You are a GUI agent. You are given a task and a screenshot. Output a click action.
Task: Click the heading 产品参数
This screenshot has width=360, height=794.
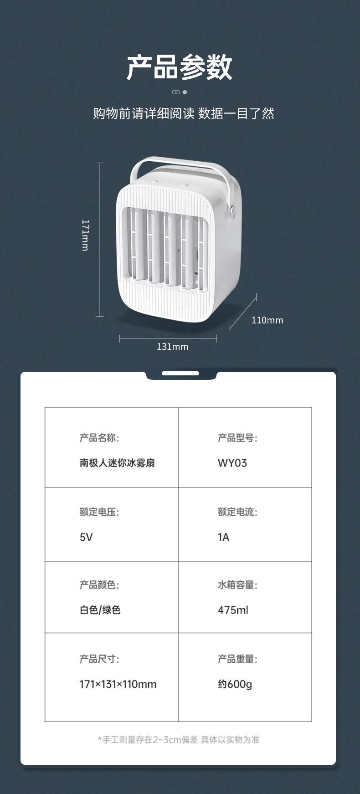(x=180, y=67)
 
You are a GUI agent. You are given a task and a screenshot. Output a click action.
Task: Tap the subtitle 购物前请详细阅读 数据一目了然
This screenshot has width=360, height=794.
(x=183, y=113)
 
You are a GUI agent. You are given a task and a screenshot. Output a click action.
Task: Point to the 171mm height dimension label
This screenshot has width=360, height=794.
(x=85, y=235)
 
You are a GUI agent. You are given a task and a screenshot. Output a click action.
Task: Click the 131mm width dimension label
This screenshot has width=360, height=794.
(x=172, y=347)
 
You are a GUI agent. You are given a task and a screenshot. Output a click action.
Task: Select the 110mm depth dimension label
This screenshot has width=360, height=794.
(x=267, y=320)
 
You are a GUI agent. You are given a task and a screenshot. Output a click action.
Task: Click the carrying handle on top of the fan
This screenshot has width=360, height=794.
(x=182, y=163)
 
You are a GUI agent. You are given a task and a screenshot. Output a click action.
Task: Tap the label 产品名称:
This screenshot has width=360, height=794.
(x=99, y=438)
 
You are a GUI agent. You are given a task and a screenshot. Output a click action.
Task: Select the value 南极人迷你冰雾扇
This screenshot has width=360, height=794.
(x=117, y=463)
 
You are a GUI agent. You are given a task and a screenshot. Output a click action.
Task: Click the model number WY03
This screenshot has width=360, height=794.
(x=232, y=463)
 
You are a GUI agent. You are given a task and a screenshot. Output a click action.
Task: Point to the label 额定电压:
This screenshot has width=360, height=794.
(x=99, y=512)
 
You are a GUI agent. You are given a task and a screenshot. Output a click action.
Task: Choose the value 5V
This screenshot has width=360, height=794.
(x=86, y=537)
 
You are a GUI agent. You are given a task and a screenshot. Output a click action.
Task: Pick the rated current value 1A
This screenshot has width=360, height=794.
(x=223, y=537)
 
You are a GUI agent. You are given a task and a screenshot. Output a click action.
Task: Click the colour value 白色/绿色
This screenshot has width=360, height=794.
(x=100, y=610)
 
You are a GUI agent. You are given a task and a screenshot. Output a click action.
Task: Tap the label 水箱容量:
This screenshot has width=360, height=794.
(x=237, y=585)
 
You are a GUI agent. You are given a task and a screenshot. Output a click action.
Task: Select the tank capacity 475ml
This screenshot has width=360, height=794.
(x=233, y=610)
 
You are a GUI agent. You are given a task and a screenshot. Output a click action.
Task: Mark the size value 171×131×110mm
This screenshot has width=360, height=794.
(x=118, y=684)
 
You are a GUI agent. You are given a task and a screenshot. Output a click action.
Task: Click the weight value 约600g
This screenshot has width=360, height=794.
(x=235, y=684)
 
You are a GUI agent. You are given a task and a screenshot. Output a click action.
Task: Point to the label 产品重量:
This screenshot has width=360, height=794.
(x=237, y=659)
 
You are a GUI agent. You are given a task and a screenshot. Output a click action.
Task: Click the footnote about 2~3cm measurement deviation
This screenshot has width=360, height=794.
(x=178, y=740)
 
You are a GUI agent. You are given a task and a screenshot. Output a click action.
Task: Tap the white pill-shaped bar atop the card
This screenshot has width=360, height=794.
(x=180, y=374)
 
